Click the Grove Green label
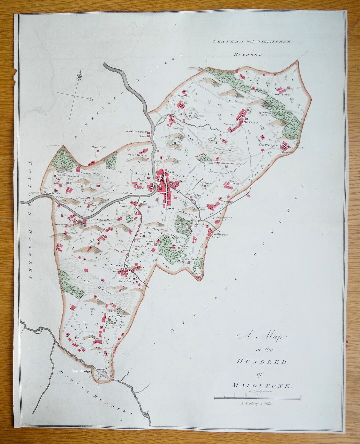click(x=235, y=182)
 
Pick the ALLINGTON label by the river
click(x=136, y=132)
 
